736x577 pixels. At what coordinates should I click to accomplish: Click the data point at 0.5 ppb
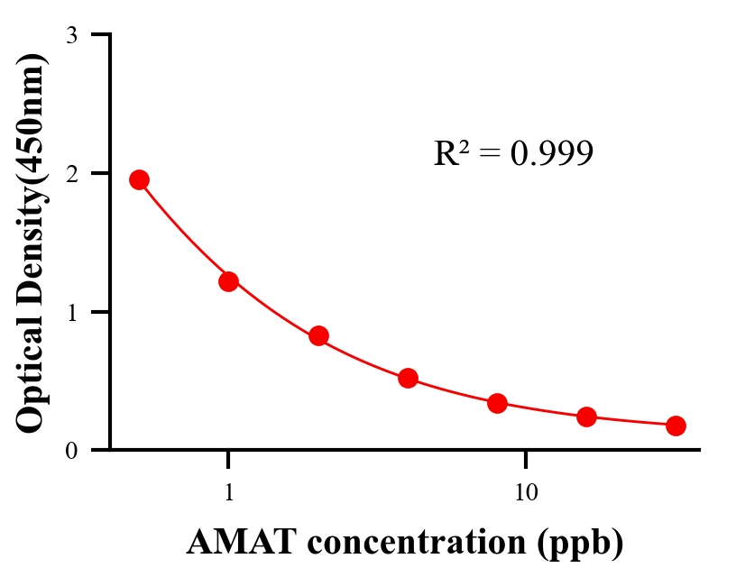pyautogui.click(x=139, y=179)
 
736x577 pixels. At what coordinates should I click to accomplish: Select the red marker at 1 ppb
pyautogui.click(x=228, y=281)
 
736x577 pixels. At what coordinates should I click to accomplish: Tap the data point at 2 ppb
pyautogui.click(x=318, y=335)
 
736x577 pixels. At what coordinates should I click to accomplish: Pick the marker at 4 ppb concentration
pyautogui.click(x=408, y=378)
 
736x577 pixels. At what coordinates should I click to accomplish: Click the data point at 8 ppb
pyautogui.click(x=497, y=403)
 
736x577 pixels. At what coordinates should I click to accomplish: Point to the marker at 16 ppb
pyautogui.click(x=587, y=417)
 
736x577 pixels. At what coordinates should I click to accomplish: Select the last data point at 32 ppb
pyautogui.click(x=676, y=426)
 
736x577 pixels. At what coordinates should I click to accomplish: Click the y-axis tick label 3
pyautogui.click(x=71, y=35)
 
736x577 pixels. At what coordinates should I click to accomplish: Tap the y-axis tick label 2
pyautogui.click(x=71, y=173)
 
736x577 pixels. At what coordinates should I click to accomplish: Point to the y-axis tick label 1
pyautogui.click(x=71, y=312)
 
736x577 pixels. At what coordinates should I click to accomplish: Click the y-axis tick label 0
pyautogui.click(x=71, y=451)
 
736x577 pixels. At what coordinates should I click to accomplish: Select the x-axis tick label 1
pyautogui.click(x=228, y=493)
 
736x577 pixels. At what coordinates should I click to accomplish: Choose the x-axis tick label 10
pyautogui.click(x=526, y=493)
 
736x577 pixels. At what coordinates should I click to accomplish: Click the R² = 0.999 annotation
pyautogui.click(x=512, y=153)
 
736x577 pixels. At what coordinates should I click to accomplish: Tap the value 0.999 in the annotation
pyautogui.click(x=551, y=153)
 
